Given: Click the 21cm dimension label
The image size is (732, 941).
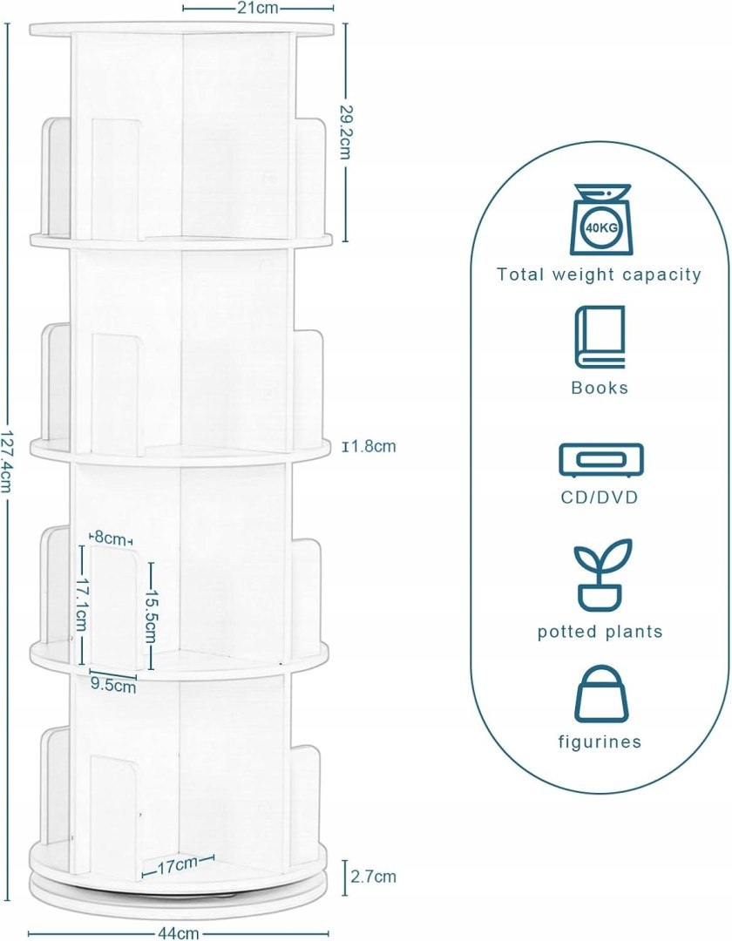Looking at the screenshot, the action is (258, 8).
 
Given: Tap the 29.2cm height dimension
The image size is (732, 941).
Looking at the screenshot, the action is (345, 132).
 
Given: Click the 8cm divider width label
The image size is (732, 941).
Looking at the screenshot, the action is (109, 538).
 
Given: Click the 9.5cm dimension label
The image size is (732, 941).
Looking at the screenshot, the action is (113, 684).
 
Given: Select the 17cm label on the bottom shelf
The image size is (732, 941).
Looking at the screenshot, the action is (178, 865).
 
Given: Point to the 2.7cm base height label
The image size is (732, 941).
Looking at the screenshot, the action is (374, 877).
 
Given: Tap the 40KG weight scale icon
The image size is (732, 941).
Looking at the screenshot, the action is (600, 220).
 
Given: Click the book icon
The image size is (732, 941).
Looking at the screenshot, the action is (600, 336).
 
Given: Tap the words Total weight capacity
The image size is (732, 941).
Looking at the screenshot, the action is (599, 274).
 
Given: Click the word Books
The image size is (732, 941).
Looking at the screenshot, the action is (600, 388).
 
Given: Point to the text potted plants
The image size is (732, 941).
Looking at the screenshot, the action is (600, 632).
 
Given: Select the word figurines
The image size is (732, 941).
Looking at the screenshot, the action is (600, 741).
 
